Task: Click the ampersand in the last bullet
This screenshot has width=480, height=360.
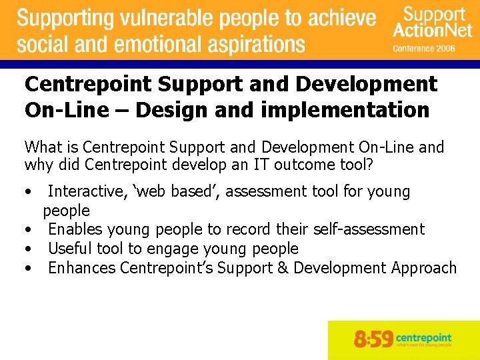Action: pos(282,268)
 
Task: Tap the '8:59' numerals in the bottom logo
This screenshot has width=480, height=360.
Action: pos(373,339)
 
